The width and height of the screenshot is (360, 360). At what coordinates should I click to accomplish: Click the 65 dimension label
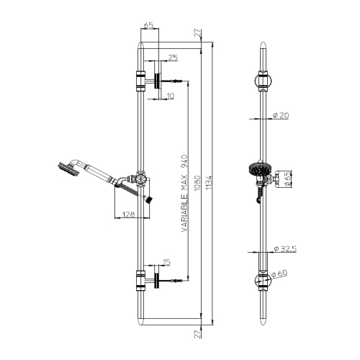click(x=149, y=25)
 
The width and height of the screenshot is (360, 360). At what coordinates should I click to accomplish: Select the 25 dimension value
click(x=173, y=57)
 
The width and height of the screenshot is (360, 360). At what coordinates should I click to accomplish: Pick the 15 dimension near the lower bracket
click(x=167, y=262)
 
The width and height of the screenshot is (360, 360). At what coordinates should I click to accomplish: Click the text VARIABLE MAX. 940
click(x=184, y=189)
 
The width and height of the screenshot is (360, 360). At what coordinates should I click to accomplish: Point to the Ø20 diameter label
click(x=282, y=116)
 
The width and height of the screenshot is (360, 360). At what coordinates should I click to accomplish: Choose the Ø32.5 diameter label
click(x=287, y=249)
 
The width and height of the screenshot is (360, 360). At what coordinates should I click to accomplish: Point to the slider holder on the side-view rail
click(x=141, y=178)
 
